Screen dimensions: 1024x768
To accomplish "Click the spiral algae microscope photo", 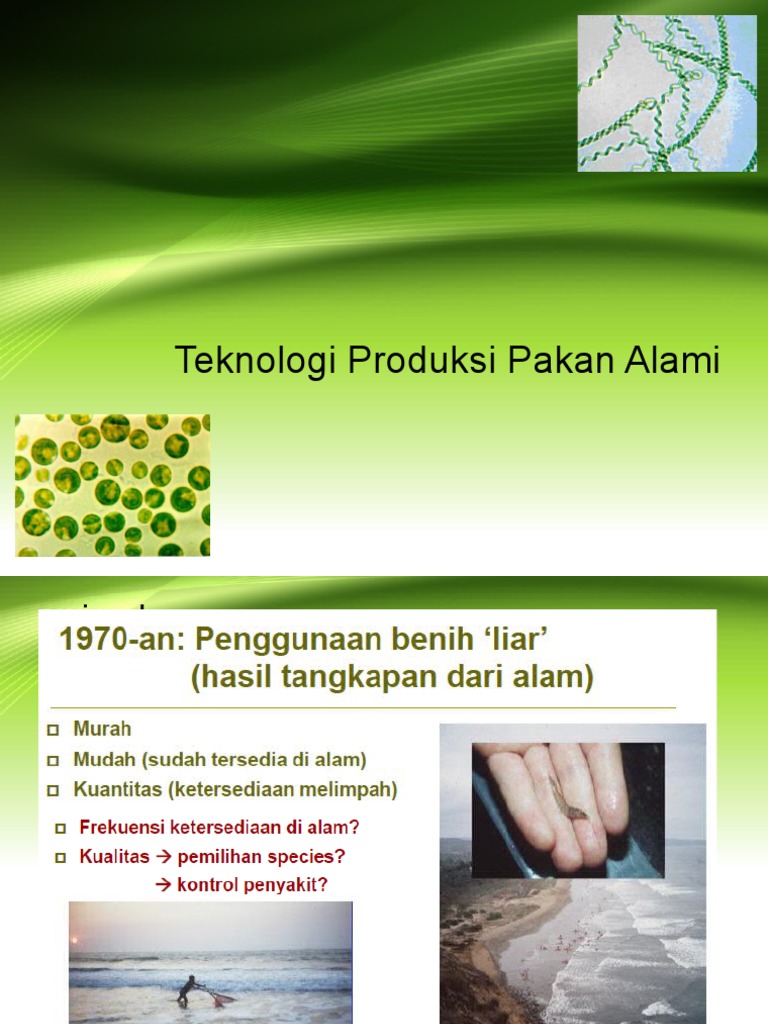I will coord(667,93).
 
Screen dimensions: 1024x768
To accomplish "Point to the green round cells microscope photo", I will coord(112,485).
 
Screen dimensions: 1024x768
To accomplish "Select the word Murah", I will coord(102,729).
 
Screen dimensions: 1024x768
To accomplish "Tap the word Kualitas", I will coord(112,857).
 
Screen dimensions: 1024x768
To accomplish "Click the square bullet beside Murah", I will coord(54,730).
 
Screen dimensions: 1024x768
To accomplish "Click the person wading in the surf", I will coord(186,989).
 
